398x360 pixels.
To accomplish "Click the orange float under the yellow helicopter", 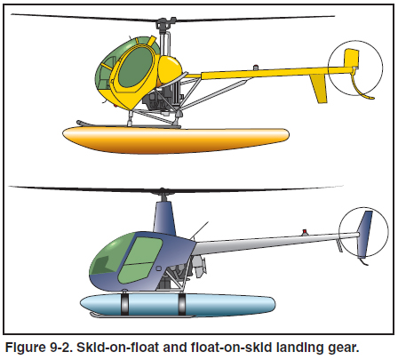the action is [x=175, y=140].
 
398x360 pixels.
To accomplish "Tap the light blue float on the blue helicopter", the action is [x=178, y=304].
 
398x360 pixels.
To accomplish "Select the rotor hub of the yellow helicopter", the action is [x=163, y=25].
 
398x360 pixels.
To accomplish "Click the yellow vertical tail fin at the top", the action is [x=352, y=58].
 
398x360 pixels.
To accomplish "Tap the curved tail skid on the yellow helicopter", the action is [x=362, y=86].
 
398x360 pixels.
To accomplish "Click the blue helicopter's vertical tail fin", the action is [x=365, y=233].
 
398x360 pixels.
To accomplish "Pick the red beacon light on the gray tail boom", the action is [x=304, y=231].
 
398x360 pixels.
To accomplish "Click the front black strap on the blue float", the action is [x=125, y=304].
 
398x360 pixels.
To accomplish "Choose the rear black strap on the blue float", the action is [x=181, y=304].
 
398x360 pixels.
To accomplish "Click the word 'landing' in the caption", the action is [x=298, y=348].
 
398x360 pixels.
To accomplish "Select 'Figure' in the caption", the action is [x=24, y=348].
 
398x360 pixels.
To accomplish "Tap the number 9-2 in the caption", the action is [x=60, y=348].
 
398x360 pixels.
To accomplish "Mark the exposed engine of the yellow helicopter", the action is [x=163, y=99].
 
